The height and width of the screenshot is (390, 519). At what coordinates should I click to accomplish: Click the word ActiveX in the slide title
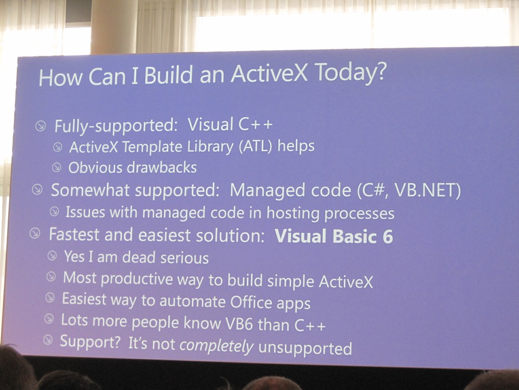(x=270, y=73)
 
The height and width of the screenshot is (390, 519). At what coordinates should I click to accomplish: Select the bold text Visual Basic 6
(x=333, y=236)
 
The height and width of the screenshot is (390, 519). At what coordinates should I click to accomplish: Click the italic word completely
(x=216, y=346)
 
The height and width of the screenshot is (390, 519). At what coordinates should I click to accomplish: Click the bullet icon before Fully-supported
(x=41, y=126)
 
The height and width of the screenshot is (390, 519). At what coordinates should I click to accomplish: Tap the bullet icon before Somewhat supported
(x=37, y=190)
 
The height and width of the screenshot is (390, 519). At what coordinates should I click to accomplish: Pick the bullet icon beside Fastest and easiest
(x=35, y=233)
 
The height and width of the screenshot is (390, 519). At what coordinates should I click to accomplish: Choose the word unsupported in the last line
(x=305, y=348)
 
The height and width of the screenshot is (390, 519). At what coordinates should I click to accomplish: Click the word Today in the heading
(x=345, y=72)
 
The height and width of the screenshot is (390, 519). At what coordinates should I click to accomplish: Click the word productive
(x=137, y=279)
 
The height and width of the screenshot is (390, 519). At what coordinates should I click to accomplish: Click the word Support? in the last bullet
(x=90, y=342)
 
